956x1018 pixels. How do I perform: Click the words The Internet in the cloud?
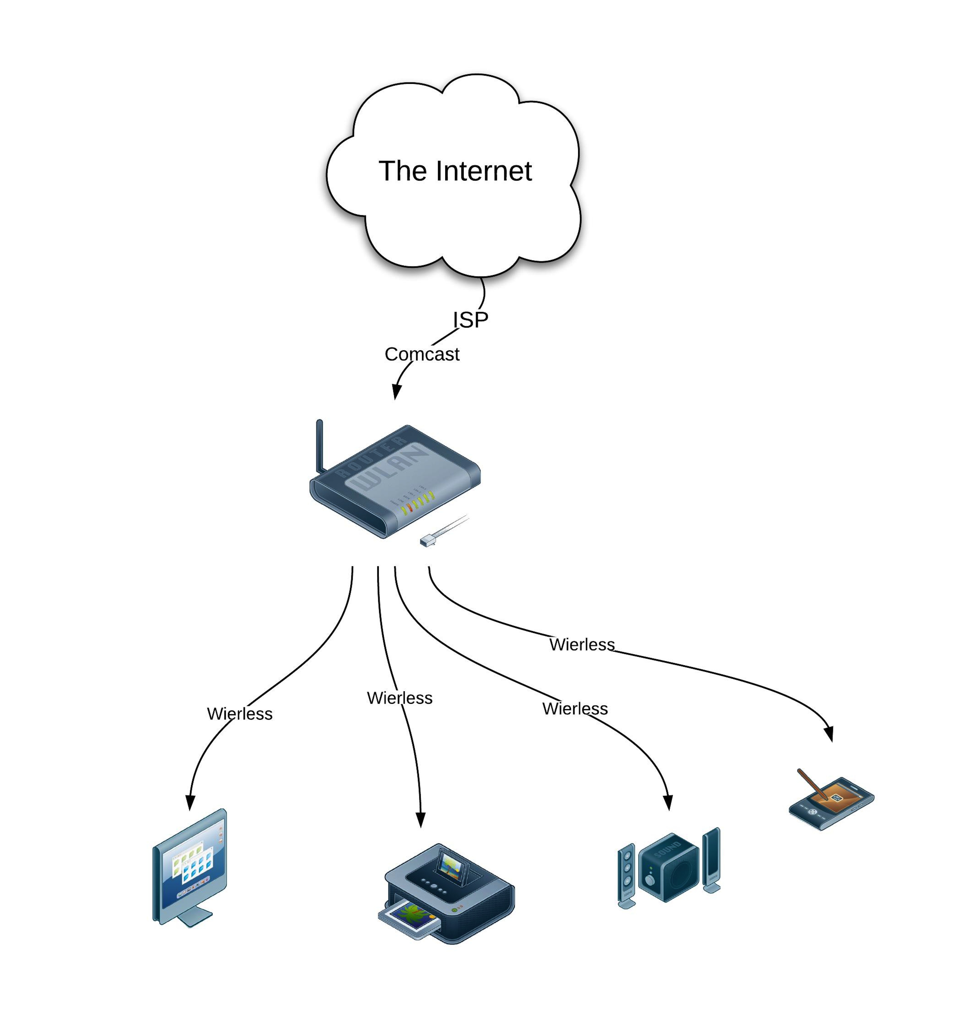point(455,171)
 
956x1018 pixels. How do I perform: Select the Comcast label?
point(422,354)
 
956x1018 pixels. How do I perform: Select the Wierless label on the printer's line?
point(399,698)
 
